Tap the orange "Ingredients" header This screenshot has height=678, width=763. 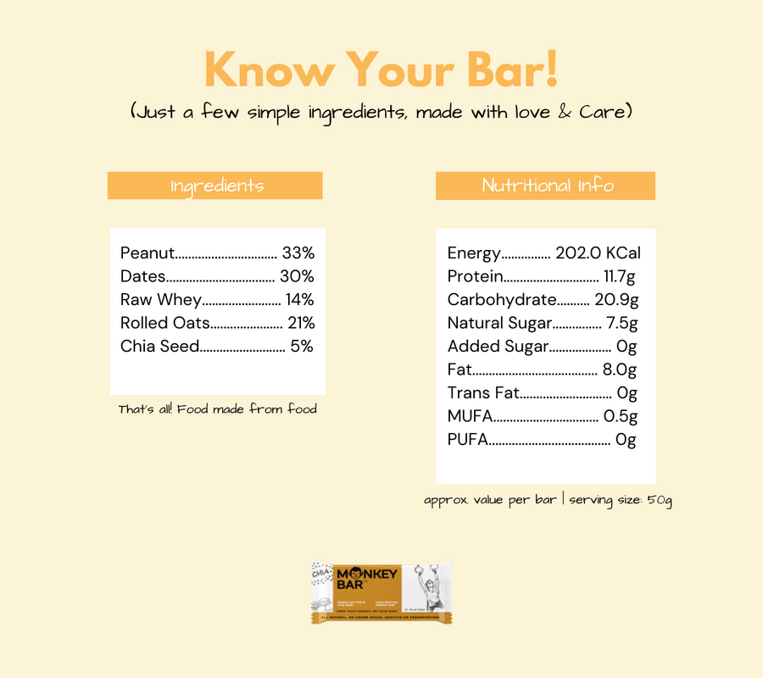click(215, 186)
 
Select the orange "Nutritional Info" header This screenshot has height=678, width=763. click(545, 186)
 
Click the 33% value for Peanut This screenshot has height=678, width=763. click(298, 253)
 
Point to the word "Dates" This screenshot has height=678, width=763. click(142, 276)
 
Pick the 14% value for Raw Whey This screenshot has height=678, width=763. click(299, 299)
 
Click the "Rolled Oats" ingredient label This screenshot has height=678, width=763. click(164, 323)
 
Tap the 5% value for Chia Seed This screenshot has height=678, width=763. click(302, 346)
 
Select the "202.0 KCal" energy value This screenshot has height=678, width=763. click(598, 253)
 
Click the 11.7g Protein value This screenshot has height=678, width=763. click(619, 276)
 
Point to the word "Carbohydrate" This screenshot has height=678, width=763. click(502, 299)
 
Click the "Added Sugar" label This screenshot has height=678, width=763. click(498, 346)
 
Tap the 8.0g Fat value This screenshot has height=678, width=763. click(620, 370)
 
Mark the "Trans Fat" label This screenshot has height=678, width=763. click(482, 393)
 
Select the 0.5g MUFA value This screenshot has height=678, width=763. click(620, 416)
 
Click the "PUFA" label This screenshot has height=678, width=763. click(467, 440)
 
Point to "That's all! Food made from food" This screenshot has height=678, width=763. click(217, 409)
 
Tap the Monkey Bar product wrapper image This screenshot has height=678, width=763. click(381, 593)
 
